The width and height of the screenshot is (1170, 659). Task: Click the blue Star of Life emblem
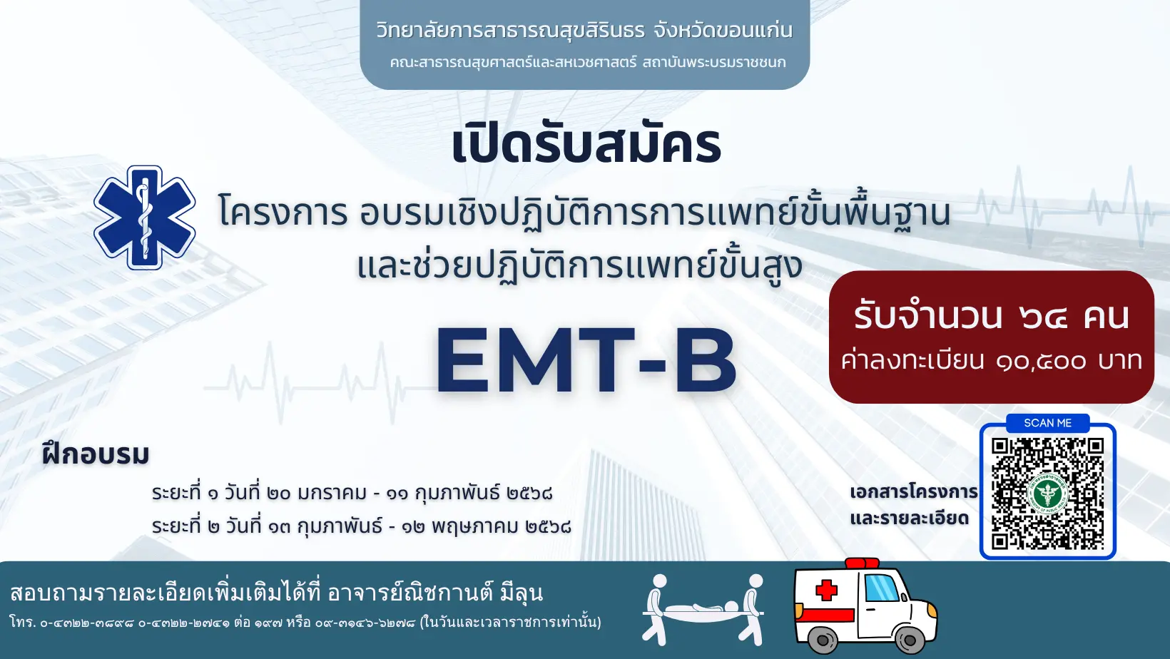145,218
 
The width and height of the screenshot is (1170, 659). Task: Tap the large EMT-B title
586,361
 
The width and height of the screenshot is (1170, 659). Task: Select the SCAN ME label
1047,423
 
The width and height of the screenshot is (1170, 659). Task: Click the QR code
1047,494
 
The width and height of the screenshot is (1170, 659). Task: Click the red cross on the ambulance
826,591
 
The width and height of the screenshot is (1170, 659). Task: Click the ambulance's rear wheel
823,639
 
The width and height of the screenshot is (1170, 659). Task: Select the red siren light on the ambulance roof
862,563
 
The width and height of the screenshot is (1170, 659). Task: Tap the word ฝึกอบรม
96,454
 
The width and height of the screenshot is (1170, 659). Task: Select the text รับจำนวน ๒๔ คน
992,316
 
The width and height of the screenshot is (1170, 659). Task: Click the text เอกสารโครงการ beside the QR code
914,492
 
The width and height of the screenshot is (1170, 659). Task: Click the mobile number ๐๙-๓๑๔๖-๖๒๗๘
365,623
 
